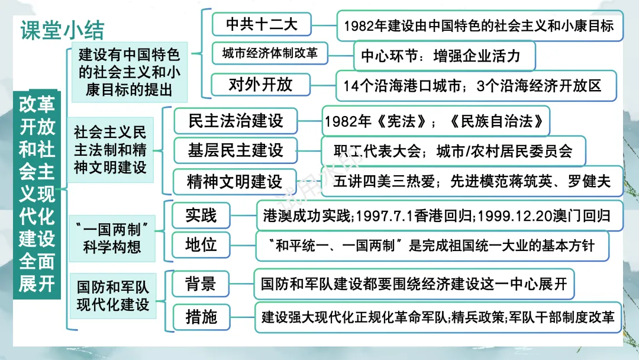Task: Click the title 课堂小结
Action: coord(62,29)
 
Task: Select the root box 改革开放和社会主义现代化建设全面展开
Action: coord(37,195)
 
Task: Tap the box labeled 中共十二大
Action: coord(261,25)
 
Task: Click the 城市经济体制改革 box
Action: coord(270,54)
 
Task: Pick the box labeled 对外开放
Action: coord(261,85)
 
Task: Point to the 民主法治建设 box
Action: coord(235,121)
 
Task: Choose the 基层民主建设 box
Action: coord(235,151)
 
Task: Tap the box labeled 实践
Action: coord(201,216)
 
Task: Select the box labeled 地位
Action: coord(201,245)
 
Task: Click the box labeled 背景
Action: coord(201,284)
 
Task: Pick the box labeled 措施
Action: coord(201,317)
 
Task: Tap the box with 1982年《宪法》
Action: coord(434,121)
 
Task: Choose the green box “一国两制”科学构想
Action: coord(111,236)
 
